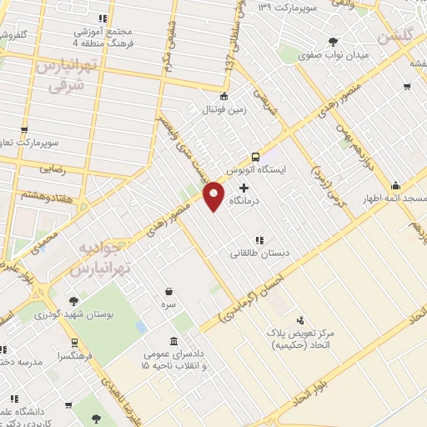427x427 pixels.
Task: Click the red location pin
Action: (x=214, y=195)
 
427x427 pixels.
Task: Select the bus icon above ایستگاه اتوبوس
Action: (x=254, y=156)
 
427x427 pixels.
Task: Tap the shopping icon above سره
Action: (x=169, y=291)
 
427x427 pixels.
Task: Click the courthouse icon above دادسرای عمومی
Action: (x=173, y=342)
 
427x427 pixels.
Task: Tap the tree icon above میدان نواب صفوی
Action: (x=334, y=42)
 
